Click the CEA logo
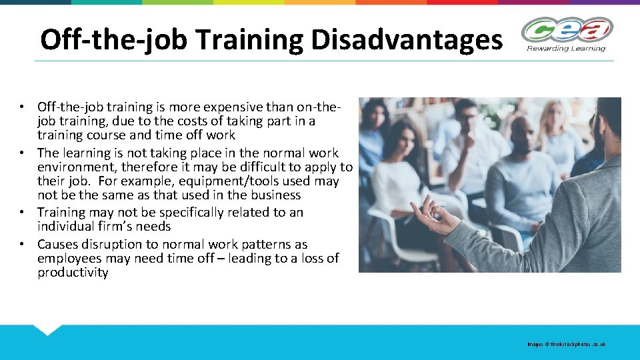(x=567, y=30)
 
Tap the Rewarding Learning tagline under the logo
(x=566, y=48)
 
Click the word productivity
(x=73, y=273)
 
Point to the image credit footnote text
(x=566, y=344)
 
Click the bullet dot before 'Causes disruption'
(x=23, y=245)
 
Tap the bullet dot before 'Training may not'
(x=23, y=213)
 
